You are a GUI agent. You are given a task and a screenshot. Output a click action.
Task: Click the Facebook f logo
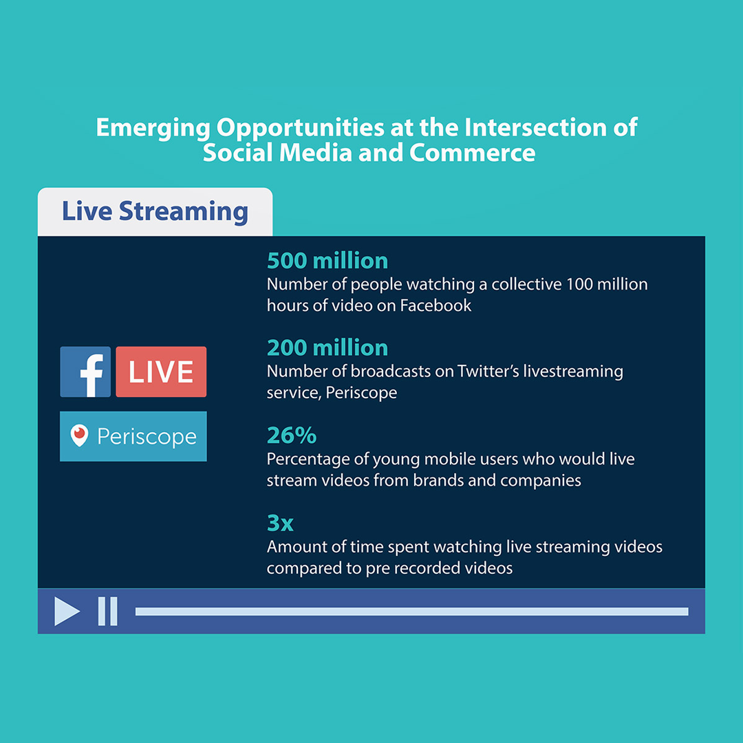(x=85, y=372)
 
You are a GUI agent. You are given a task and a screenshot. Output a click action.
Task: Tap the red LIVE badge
(x=161, y=372)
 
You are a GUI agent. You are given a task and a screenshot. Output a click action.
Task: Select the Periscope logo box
(x=133, y=436)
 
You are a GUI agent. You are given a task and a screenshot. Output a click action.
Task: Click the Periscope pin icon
(x=80, y=435)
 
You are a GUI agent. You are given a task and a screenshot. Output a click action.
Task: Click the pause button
(x=107, y=611)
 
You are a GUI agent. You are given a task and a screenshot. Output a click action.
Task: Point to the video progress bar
(x=411, y=611)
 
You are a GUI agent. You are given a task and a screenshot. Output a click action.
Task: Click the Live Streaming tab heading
(x=155, y=211)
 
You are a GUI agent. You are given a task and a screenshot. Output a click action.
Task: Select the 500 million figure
(x=327, y=261)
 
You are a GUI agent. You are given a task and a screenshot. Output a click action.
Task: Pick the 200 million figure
(x=327, y=347)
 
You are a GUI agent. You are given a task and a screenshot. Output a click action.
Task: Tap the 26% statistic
(x=292, y=435)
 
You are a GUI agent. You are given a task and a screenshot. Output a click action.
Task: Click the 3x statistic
(x=280, y=523)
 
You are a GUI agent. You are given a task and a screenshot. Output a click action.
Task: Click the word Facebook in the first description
(x=435, y=305)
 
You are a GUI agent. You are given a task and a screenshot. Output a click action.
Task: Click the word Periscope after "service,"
(x=362, y=394)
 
